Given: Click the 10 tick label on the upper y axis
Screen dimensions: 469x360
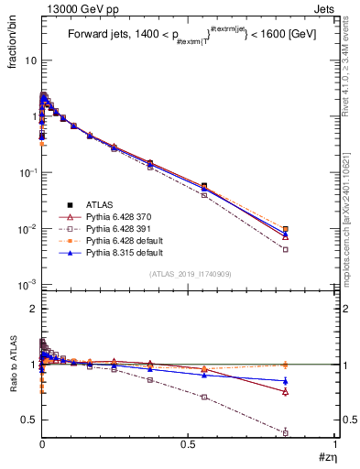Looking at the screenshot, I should click(29, 60).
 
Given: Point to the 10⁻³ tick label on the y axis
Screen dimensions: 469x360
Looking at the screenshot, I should click(27, 285).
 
